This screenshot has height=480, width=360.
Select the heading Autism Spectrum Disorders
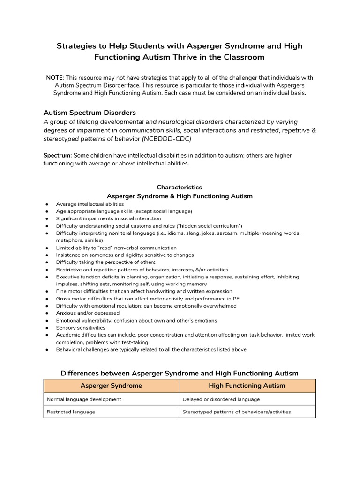point(90,112)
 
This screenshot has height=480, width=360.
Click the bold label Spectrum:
point(58,155)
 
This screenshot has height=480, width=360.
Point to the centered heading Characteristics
point(180,187)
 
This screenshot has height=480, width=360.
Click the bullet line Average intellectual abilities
point(90,204)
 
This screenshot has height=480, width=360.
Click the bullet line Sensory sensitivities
point(80,328)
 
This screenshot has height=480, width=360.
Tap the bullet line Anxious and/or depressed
point(88,313)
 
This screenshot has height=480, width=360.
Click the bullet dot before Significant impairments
point(47,219)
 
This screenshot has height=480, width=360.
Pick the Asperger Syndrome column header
point(111,386)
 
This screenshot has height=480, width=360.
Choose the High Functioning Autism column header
point(247,386)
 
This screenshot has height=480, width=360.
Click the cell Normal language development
point(84,399)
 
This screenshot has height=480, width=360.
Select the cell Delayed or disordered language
point(221,399)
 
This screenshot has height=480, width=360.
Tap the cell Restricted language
point(71,412)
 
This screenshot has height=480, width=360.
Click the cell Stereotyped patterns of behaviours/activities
point(236,412)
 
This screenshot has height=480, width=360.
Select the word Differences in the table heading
point(80,374)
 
